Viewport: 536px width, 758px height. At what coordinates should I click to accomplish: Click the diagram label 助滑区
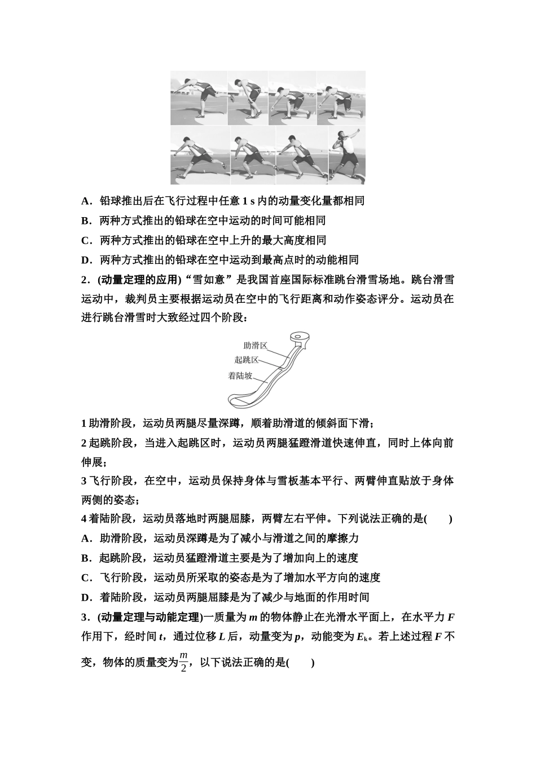point(255,346)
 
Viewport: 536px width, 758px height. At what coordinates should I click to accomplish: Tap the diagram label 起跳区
point(247,360)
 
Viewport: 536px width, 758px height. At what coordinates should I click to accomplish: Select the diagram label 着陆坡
point(240,376)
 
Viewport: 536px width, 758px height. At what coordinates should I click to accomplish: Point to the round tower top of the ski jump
point(299,339)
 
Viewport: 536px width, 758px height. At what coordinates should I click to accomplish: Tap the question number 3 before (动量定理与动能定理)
point(85,616)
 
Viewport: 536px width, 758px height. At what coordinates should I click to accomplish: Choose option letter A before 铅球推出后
point(85,201)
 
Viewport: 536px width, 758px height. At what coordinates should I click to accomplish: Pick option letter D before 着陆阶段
point(86,597)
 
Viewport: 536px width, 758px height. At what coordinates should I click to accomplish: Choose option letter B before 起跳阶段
point(85,558)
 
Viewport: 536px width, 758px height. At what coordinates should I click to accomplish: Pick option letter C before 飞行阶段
point(86,578)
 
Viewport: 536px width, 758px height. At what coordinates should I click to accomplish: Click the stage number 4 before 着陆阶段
point(84,519)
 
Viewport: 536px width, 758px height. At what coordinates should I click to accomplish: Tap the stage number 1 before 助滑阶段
point(84,423)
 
